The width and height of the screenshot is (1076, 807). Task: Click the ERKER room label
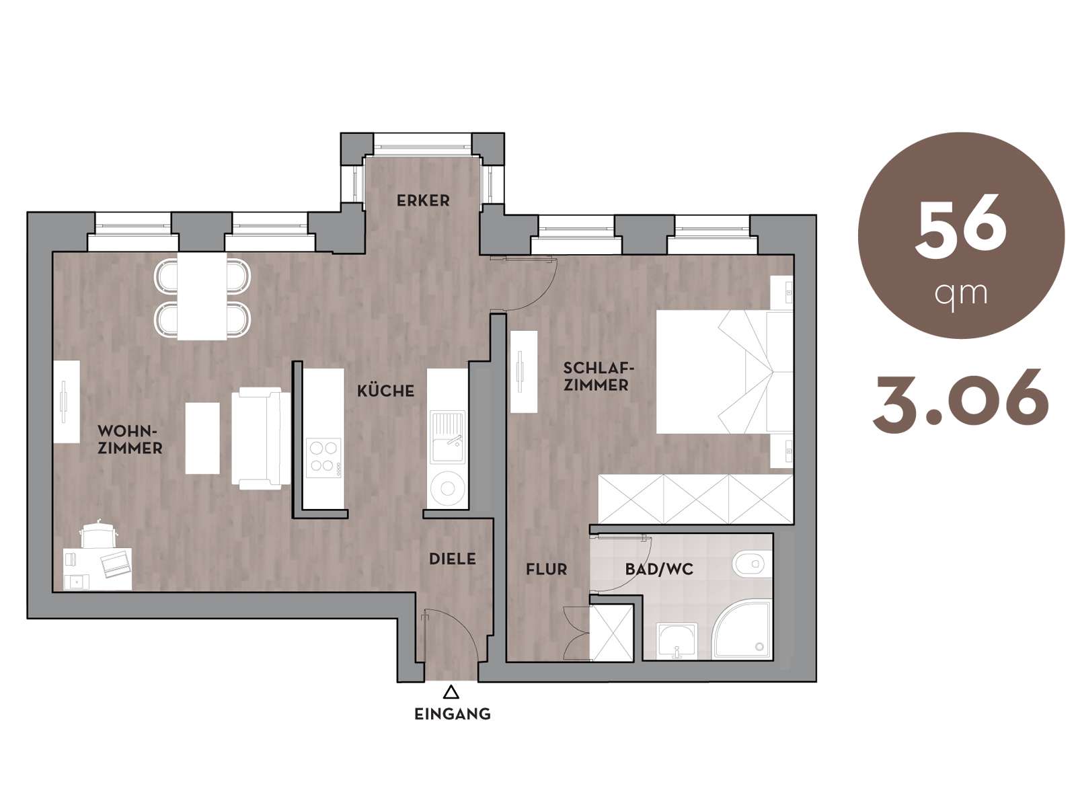pyautogui.click(x=423, y=200)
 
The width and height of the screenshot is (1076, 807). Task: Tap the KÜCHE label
pyautogui.click(x=385, y=391)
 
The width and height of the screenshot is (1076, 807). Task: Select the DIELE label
pyautogui.click(x=452, y=559)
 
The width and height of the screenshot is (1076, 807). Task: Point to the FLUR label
pyautogui.click(x=546, y=570)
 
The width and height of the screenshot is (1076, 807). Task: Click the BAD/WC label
pyautogui.click(x=659, y=570)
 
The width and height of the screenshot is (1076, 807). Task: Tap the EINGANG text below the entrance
pyautogui.click(x=452, y=714)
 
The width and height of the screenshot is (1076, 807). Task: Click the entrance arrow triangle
pyautogui.click(x=451, y=692)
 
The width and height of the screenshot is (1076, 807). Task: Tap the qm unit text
pyautogui.click(x=960, y=295)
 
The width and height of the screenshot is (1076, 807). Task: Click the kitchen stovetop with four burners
pyautogui.click(x=323, y=458)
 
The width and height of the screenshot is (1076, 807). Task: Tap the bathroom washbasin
pyautogui.click(x=677, y=641)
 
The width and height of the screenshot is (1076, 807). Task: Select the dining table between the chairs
pyautogui.click(x=202, y=296)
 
